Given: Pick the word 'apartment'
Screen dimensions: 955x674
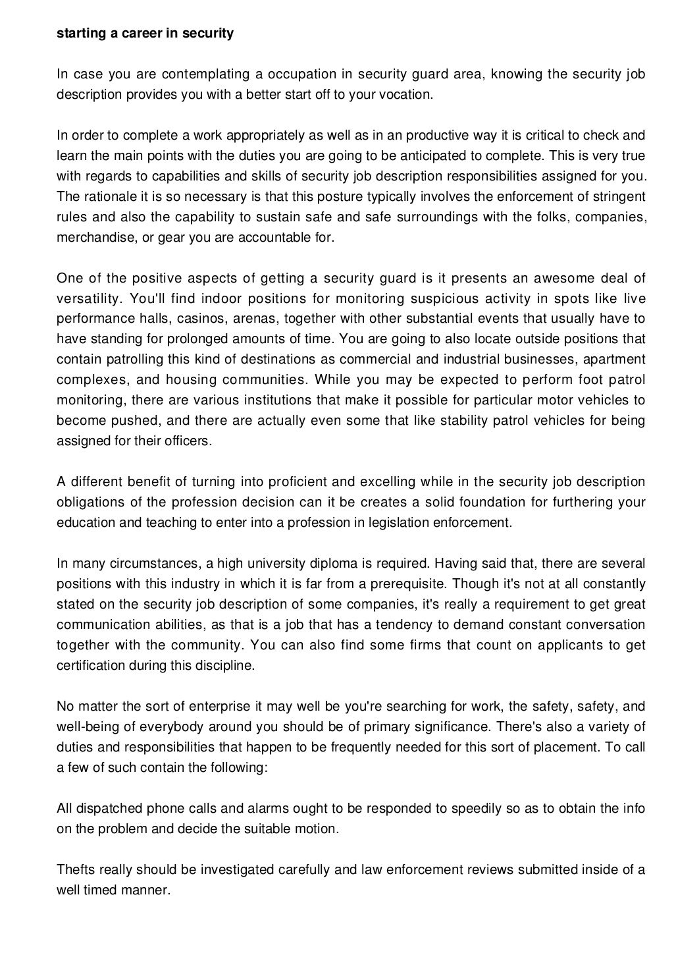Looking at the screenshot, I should tap(616, 360).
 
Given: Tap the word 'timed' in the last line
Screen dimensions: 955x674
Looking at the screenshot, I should tap(101, 890).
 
